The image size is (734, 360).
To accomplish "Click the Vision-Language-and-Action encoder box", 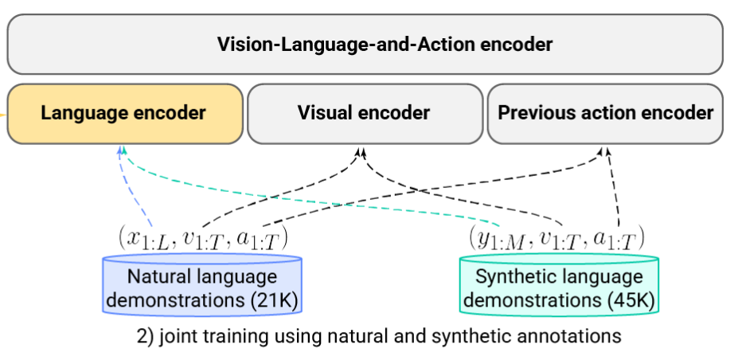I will (x=366, y=44).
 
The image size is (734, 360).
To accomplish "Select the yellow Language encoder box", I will (x=123, y=113).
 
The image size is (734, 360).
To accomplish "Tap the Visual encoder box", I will (x=364, y=113).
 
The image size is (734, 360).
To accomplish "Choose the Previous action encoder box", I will (x=605, y=113).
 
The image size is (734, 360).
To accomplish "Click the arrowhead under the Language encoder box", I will (x=122, y=150).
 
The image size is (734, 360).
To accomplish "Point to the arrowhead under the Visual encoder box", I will (x=361, y=150).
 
